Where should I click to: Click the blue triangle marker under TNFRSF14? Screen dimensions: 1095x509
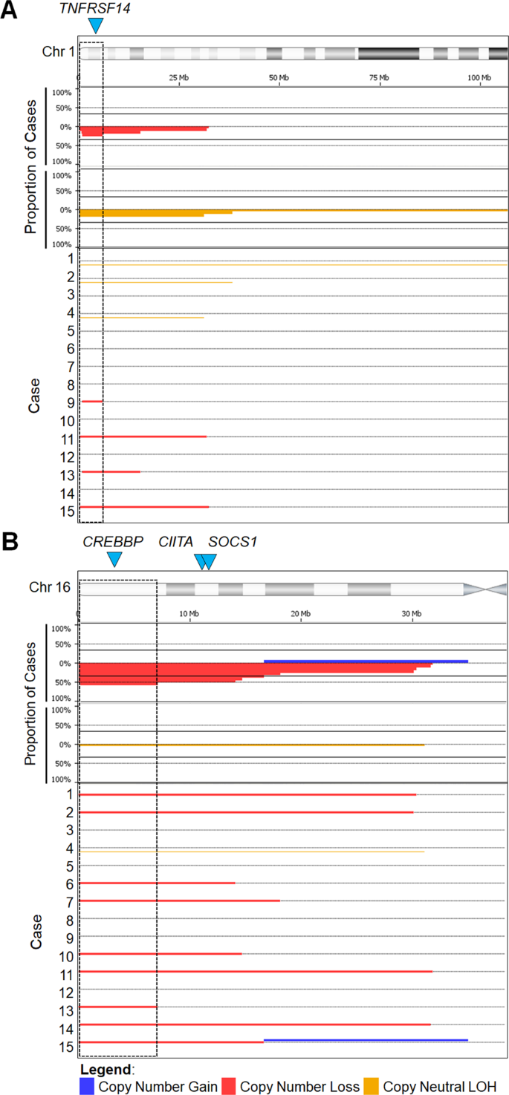[x=95, y=26]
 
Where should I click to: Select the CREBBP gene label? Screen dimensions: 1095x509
[x=112, y=542]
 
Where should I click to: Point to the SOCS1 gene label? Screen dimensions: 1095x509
[x=233, y=542]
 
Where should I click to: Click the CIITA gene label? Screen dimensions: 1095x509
[x=175, y=542]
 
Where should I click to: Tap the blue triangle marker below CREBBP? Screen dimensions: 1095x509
[x=114, y=560]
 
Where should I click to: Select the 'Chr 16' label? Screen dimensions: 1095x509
[x=50, y=587]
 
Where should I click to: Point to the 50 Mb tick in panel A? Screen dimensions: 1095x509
[x=279, y=78]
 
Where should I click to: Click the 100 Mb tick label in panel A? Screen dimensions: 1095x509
[x=479, y=78]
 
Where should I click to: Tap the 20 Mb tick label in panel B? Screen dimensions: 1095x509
[x=300, y=612]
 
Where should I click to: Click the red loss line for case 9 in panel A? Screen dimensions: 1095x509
[x=91, y=401]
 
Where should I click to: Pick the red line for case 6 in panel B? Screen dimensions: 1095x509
[x=157, y=883]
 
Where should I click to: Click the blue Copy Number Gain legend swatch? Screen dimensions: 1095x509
[x=88, y=1086]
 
